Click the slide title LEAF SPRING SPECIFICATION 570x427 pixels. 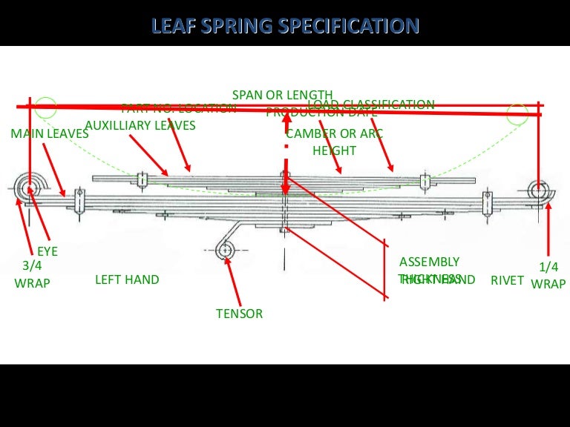[x=285, y=27]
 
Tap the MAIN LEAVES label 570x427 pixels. [x=50, y=134]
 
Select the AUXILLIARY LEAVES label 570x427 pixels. [x=140, y=125]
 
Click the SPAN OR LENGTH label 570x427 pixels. [x=283, y=95]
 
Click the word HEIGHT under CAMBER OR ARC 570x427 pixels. [x=334, y=150]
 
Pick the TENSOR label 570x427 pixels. [x=239, y=314]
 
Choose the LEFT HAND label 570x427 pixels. [x=127, y=279]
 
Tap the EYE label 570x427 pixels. [x=47, y=252]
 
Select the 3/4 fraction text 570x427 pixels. [x=31, y=265]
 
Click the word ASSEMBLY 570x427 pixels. [x=429, y=262]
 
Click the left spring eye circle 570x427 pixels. [x=31, y=188]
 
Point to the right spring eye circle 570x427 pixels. [x=540, y=191]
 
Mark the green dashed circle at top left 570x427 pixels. [x=45, y=107]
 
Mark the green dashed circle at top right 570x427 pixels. [x=517, y=113]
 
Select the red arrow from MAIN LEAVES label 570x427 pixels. [x=55, y=170]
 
